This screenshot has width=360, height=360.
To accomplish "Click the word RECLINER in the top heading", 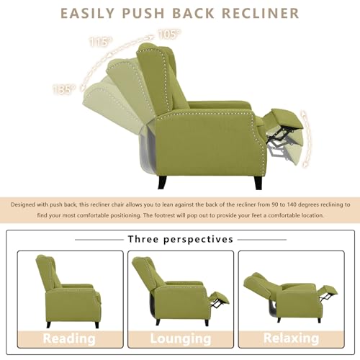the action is (x=261, y=13).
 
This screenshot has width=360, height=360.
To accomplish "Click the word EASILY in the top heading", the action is (x=88, y=13).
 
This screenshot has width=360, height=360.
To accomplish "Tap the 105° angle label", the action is (x=169, y=35).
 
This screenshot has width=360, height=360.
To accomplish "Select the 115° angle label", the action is (x=101, y=42).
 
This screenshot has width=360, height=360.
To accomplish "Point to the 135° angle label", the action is (x=64, y=89).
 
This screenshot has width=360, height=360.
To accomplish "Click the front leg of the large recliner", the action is (x=258, y=182).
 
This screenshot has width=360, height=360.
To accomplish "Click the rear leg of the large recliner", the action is (x=162, y=182).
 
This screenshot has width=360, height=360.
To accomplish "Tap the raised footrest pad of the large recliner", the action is (x=287, y=118).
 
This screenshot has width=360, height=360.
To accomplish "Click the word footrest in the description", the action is (x=165, y=215).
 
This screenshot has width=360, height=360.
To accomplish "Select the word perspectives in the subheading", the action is (x=198, y=240).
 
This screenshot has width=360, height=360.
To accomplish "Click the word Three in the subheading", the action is (x=143, y=239).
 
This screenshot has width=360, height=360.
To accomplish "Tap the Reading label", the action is (x=69, y=338).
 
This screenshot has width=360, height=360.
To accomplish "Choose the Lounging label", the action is (x=181, y=338).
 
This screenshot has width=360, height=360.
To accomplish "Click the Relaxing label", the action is (x=291, y=338).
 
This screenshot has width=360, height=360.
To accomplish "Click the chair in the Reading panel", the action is (x=68, y=292).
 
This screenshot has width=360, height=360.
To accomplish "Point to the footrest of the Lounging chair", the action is (x=220, y=298).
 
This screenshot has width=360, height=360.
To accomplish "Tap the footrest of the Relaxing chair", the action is (x=330, y=291).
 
